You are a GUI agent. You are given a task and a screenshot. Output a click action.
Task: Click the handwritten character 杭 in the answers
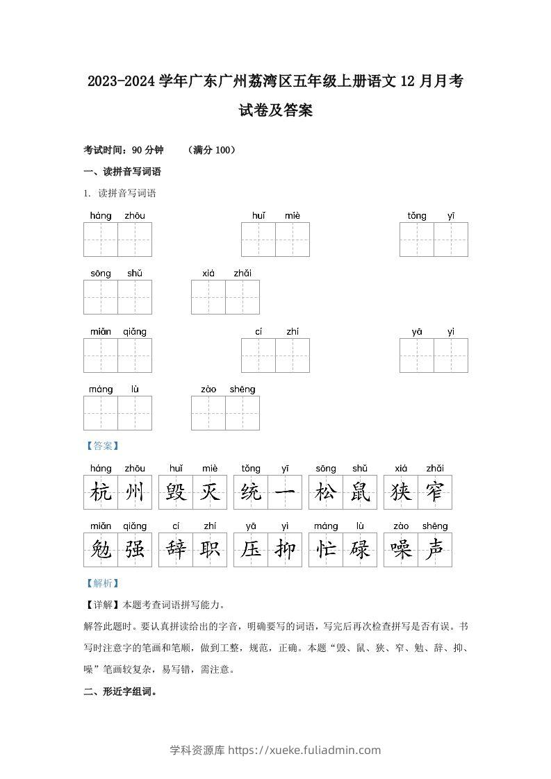tap(101, 493)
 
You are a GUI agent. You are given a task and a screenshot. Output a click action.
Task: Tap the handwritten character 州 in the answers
tap(135, 493)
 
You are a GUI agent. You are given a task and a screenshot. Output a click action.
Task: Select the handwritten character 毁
tap(176, 493)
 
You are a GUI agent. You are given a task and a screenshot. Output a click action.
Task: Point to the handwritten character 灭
tap(210, 493)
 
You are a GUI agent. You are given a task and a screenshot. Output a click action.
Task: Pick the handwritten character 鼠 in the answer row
tap(360, 493)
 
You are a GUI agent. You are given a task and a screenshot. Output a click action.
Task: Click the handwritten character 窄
tap(435, 493)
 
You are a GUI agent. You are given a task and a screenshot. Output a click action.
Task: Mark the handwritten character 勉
tap(101, 550)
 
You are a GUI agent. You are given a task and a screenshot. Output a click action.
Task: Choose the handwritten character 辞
tap(176, 550)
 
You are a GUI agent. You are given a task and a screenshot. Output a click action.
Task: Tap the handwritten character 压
tap(251, 550)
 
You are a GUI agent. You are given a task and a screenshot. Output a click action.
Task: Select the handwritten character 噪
tap(401, 550)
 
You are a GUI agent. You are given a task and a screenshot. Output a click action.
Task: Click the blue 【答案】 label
tap(101, 446)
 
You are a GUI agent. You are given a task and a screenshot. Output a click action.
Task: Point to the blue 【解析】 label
tap(101, 583)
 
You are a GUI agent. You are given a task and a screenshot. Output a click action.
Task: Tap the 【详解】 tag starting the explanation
tap(102, 604)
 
